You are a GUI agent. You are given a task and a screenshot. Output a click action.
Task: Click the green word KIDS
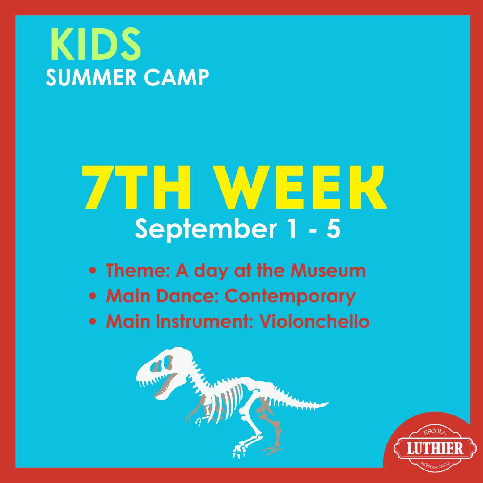pos(96,44)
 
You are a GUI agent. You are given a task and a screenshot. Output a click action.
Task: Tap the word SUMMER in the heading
pos(91,78)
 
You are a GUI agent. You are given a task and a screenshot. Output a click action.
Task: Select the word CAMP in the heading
pos(176,78)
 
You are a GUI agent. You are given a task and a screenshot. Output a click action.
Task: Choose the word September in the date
pos(205,229)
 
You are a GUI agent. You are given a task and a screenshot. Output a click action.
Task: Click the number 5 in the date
pos(333,229)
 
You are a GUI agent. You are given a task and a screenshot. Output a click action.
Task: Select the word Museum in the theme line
pos(328,271)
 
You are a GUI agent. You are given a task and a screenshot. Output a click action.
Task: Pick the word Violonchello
pos(314,321)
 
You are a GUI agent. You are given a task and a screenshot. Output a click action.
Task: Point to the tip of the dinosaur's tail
pos(328,403)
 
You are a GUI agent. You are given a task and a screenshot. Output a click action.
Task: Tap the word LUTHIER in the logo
pos(435,448)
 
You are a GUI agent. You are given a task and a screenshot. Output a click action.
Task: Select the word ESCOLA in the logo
pos(435,432)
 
